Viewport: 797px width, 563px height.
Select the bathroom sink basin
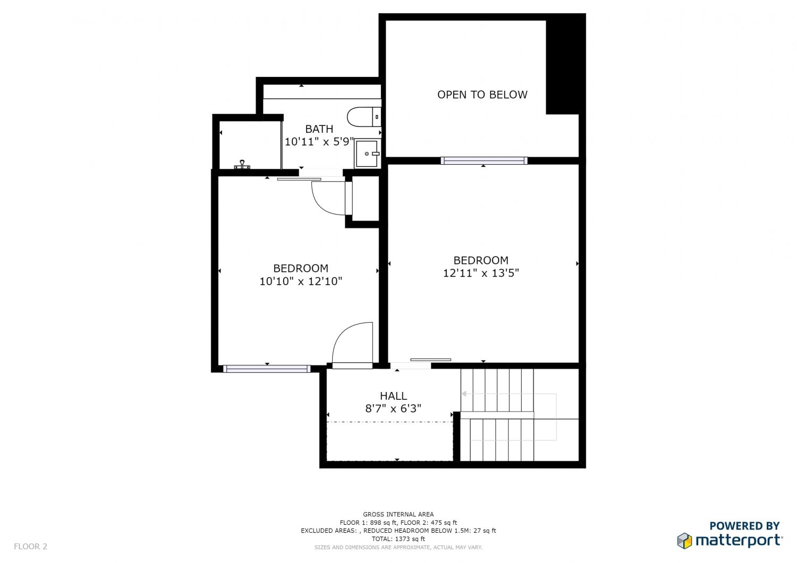[x=367, y=153]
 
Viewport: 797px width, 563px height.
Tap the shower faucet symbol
[x=242, y=165]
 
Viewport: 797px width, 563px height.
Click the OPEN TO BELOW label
[x=482, y=95]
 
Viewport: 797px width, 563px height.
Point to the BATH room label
[x=319, y=129]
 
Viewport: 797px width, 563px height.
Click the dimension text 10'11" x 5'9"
[x=319, y=142]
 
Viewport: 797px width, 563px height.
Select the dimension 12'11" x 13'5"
[x=481, y=273]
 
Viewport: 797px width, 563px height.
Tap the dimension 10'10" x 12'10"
[x=301, y=281]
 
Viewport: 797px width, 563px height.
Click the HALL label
[x=393, y=396]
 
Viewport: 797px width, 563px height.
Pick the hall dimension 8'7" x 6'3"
[x=393, y=408]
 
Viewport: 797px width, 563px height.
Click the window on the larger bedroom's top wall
[x=484, y=160]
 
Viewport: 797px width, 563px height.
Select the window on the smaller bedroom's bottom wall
[x=267, y=369]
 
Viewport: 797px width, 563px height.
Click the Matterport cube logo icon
[x=684, y=541]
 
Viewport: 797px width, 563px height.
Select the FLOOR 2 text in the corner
[x=30, y=546]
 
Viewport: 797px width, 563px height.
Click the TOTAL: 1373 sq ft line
[x=398, y=539]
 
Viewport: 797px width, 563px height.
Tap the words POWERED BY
[x=744, y=526]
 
